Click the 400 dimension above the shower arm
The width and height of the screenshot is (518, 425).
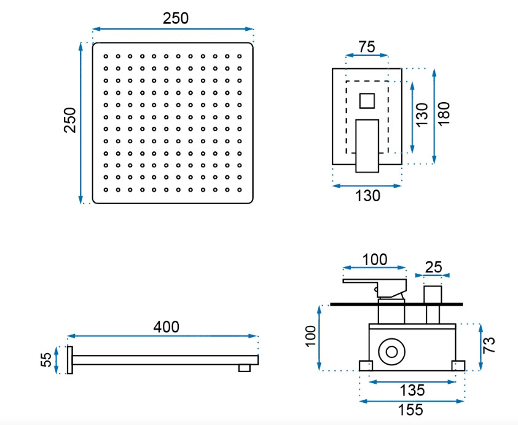click(x=166, y=327)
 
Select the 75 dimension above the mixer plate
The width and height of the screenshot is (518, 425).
click(x=367, y=47)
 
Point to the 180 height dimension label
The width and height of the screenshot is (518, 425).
click(x=444, y=113)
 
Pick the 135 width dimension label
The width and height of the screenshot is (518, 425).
click(x=412, y=391)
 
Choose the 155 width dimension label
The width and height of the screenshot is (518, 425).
click(x=410, y=410)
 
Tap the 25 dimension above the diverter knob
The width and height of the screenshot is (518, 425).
click(x=433, y=266)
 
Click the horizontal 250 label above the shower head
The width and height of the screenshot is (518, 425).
click(x=176, y=18)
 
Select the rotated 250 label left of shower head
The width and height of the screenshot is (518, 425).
click(x=69, y=120)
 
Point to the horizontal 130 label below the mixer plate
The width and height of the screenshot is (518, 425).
click(x=367, y=196)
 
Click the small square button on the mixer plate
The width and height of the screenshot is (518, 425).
click(x=367, y=101)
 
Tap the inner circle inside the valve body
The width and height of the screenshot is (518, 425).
click(x=392, y=352)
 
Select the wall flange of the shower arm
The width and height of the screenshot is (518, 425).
click(x=69, y=360)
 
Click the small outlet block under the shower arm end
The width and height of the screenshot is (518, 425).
click(x=245, y=368)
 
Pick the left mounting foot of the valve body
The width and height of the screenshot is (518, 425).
click(x=366, y=366)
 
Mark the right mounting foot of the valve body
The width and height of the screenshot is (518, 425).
click(x=458, y=366)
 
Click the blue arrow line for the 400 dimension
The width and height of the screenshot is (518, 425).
click(x=162, y=336)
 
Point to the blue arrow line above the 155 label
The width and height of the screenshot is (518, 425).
click(x=412, y=402)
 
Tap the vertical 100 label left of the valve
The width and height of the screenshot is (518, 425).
click(x=311, y=336)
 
